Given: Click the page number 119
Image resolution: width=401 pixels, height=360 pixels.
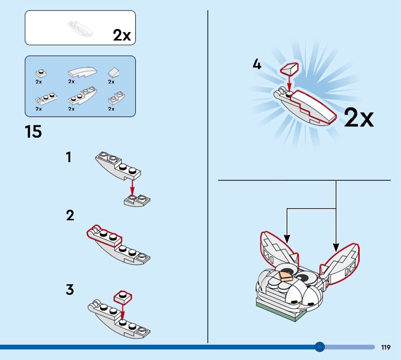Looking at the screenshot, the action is coord(385,347).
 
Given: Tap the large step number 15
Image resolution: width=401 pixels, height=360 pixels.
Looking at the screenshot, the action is coord(33,132).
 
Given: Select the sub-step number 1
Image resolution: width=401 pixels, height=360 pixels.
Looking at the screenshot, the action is coord(69,157).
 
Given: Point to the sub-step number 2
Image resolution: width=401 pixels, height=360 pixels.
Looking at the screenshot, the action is coord(70,216).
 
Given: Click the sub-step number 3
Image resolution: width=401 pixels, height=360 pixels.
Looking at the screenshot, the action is coord(70,289).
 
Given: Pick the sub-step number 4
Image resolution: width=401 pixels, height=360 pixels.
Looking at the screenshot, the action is coord(257,64).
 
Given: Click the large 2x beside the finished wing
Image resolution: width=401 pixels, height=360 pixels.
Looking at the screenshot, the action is coord(359,117).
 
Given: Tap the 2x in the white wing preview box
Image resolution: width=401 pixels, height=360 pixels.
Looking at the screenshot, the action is coord(122,35).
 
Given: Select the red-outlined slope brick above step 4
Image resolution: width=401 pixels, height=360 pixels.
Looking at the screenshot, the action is coord(290,69).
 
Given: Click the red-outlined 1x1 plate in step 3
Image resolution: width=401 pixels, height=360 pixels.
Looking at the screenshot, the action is coord(123,297).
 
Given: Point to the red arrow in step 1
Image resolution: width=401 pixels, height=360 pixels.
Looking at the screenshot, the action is coord(132,188).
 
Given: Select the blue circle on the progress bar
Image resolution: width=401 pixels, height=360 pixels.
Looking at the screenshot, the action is coord(319,347).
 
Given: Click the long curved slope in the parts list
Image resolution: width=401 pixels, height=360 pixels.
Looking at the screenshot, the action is coord(83,72).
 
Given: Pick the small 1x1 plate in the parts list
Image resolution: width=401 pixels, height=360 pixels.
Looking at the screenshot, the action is coord(41,74).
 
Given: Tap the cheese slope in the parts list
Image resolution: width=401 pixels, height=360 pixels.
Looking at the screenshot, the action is coord(113,72).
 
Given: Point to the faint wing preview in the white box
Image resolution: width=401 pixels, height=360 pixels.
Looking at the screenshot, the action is coord(80,29).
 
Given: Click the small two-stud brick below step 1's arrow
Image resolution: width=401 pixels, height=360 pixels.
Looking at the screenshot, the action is coord(137,201).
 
